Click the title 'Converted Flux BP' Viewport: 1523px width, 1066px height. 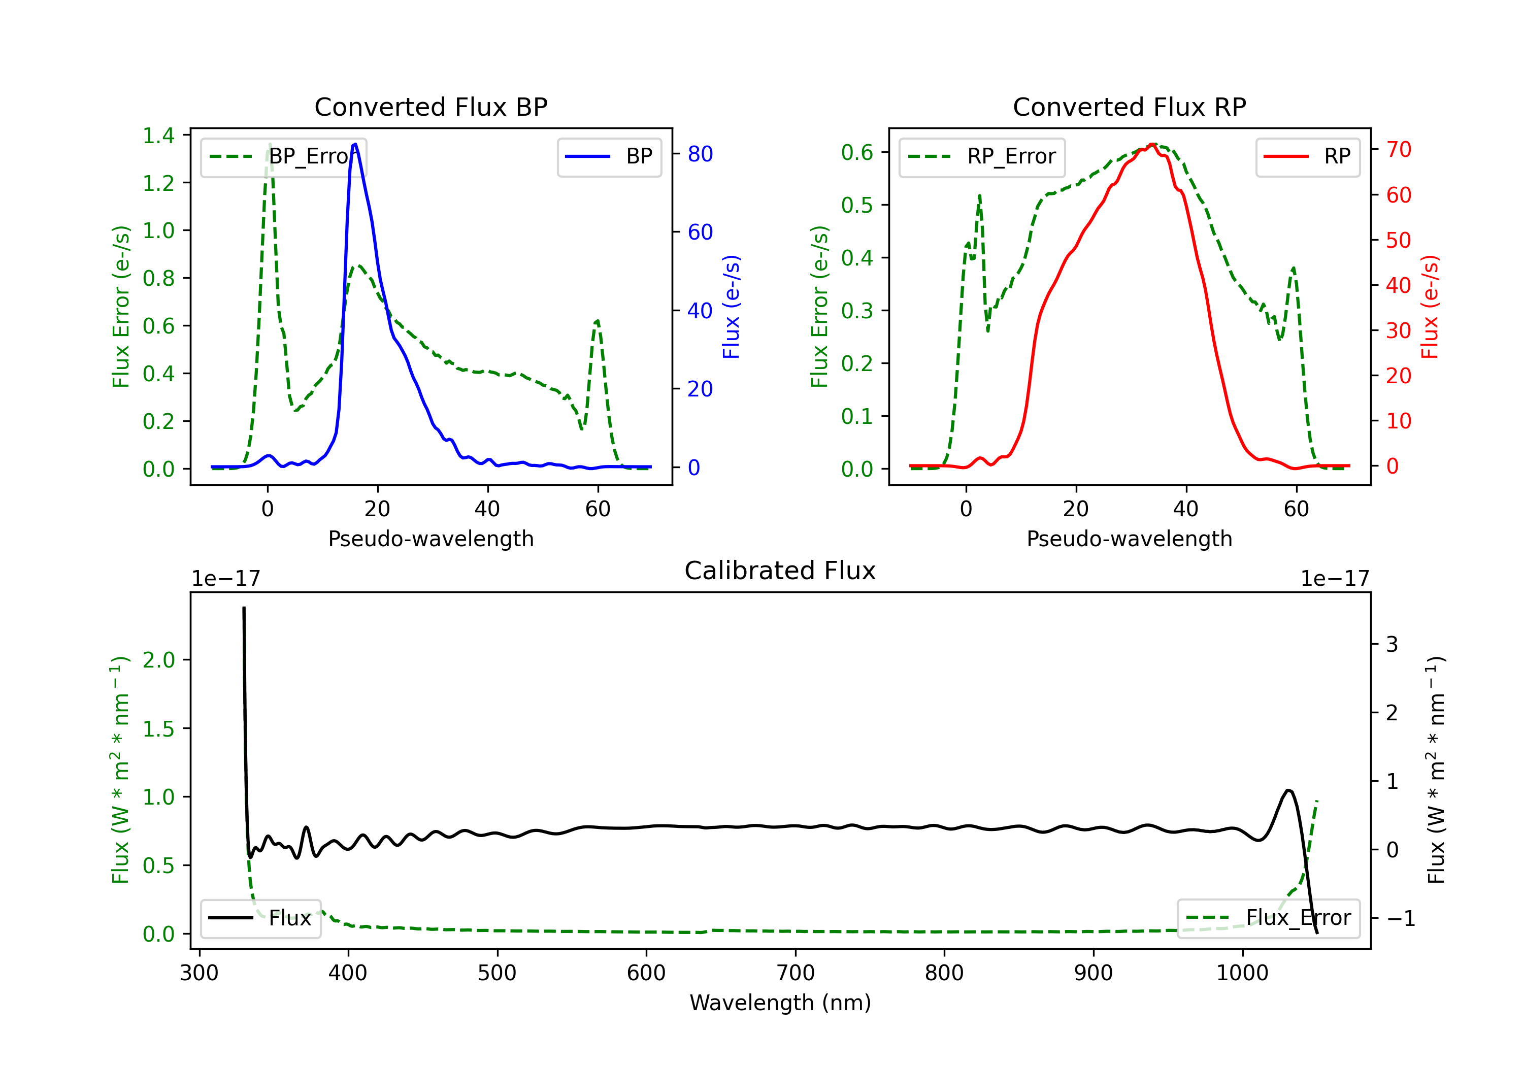point(431,107)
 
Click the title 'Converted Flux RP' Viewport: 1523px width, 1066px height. point(1129,107)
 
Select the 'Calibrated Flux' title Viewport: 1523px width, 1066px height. point(780,571)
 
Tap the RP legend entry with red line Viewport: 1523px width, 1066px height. point(1307,156)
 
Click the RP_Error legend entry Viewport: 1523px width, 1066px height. point(982,156)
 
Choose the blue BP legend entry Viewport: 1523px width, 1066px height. point(609,156)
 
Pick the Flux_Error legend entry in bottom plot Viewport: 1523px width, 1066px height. point(1268,918)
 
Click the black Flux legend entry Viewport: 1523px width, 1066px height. point(260,918)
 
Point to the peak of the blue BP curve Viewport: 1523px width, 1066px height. point(355,144)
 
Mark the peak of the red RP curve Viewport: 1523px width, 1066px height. point(1152,144)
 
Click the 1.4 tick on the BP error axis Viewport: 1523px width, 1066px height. point(158,136)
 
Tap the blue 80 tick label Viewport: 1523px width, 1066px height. point(700,154)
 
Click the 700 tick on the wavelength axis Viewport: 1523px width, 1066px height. point(796,973)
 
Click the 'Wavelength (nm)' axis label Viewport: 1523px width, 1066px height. point(780,1003)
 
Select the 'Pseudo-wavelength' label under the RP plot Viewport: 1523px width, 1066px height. point(1129,539)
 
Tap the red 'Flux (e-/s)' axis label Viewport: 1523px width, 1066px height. point(1430,307)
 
